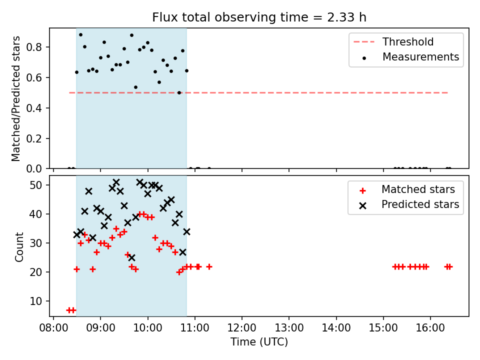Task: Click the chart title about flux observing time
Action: click(x=259, y=17)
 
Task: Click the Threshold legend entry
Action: click(x=393, y=41)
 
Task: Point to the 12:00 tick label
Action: click(x=242, y=328)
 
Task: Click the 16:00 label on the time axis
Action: click(x=430, y=328)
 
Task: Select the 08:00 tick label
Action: click(x=53, y=328)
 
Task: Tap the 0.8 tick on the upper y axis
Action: click(x=33, y=47)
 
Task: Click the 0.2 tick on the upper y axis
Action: click(x=33, y=138)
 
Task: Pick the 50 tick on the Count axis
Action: click(x=35, y=185)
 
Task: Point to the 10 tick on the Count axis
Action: click(x=35, y=301)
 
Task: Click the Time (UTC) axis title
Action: click(x=259, y=342)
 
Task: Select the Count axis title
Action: click(x=19, y=246)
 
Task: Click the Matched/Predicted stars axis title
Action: click(x=15, y=98)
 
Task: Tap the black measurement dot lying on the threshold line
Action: click(x=179, y=92)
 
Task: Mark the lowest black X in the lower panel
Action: click(x=131, y=258)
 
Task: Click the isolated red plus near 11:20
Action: click(x=209, y=267)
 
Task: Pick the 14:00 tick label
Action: click(x=336, y=328)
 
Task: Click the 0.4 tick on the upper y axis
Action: click(x=33, y=108)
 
